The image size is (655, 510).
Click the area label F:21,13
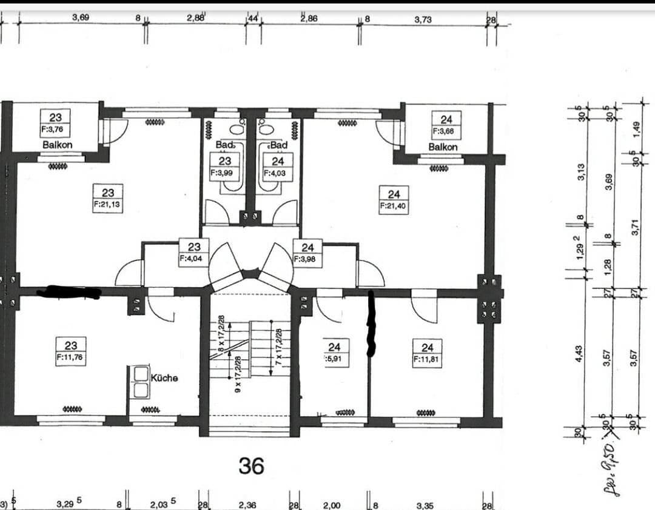[x=107, y=205]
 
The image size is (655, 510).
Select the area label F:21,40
[x=394, y=207]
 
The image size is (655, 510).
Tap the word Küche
[x=164, y=377]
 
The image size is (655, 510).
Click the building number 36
[x=251, y=465]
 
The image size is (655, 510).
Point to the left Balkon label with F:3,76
[x=57, y=145]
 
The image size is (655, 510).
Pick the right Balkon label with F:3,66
[x=443, y=147]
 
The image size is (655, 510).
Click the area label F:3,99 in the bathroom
[x=224, y=172]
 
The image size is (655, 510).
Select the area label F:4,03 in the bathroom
[x=277, y=173]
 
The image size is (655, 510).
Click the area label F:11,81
[x=427, y=359]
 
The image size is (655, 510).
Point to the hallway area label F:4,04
[x=193, y=257]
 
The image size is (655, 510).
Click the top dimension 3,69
[x=80, y=18]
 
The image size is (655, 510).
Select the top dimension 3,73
[x=423, y=19]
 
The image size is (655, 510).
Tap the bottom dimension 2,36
[x=247, y=505]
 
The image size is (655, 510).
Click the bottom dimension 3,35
[x=425, y=505]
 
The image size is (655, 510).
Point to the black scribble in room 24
[x=371, y=324]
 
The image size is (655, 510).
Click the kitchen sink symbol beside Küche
[x=141, y=382]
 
